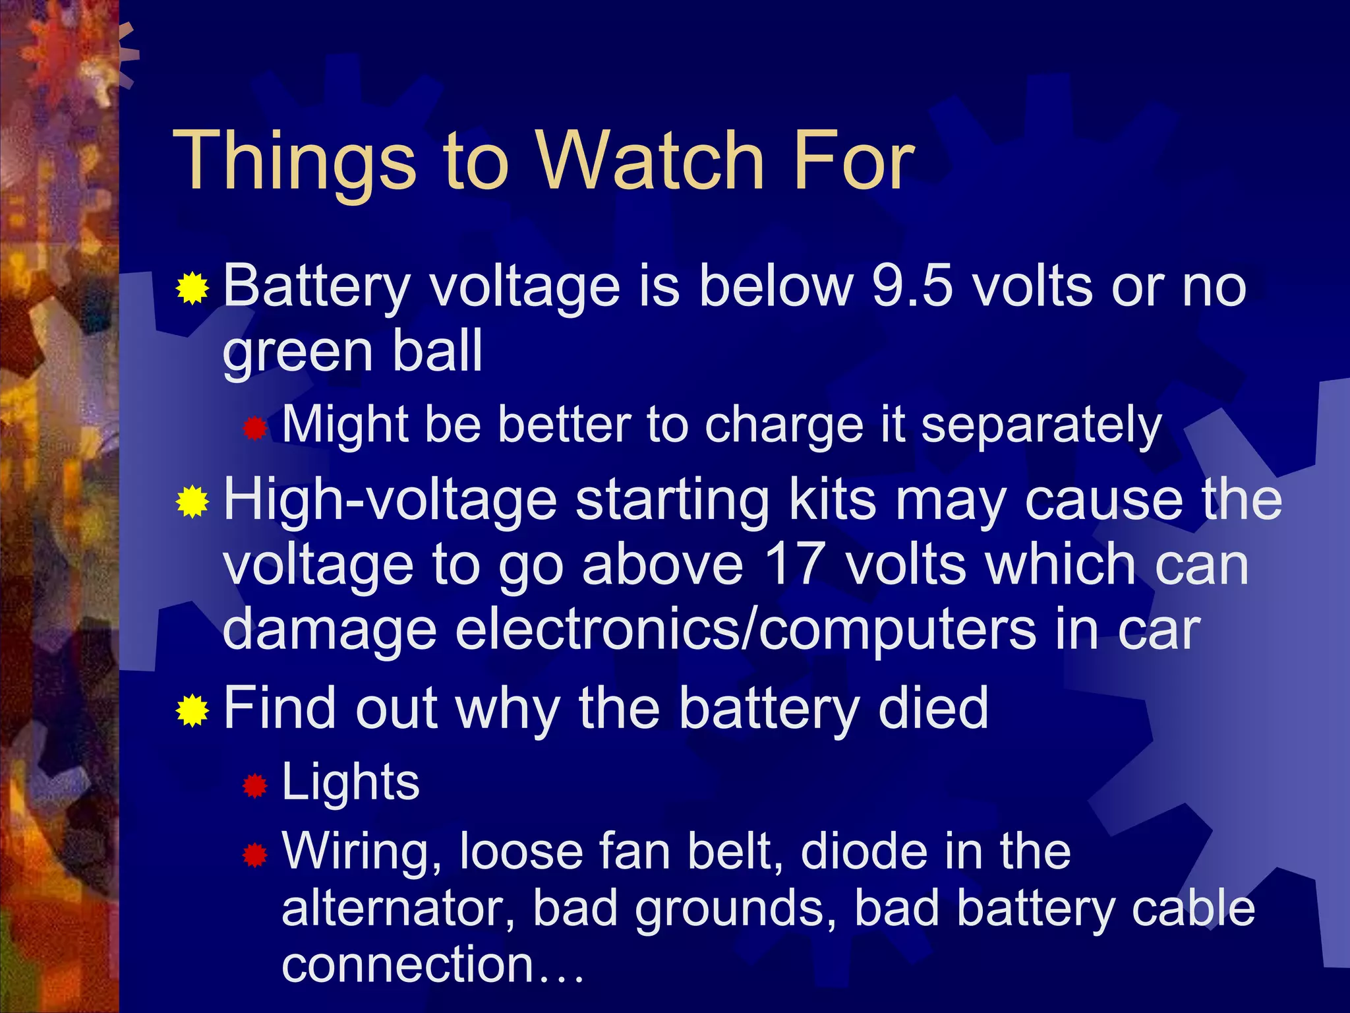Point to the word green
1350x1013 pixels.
tap(297, 352)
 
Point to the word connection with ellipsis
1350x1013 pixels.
tap(432, 965)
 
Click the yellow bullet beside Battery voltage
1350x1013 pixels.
tap(192, 288)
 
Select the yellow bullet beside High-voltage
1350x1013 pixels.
tap(192, 503)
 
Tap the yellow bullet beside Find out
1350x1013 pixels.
tap(192, 710)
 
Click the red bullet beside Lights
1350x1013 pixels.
tap(255, 785)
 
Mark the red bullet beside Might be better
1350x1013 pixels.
tap(255, 429)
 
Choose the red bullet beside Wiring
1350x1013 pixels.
tap(255, 855)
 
